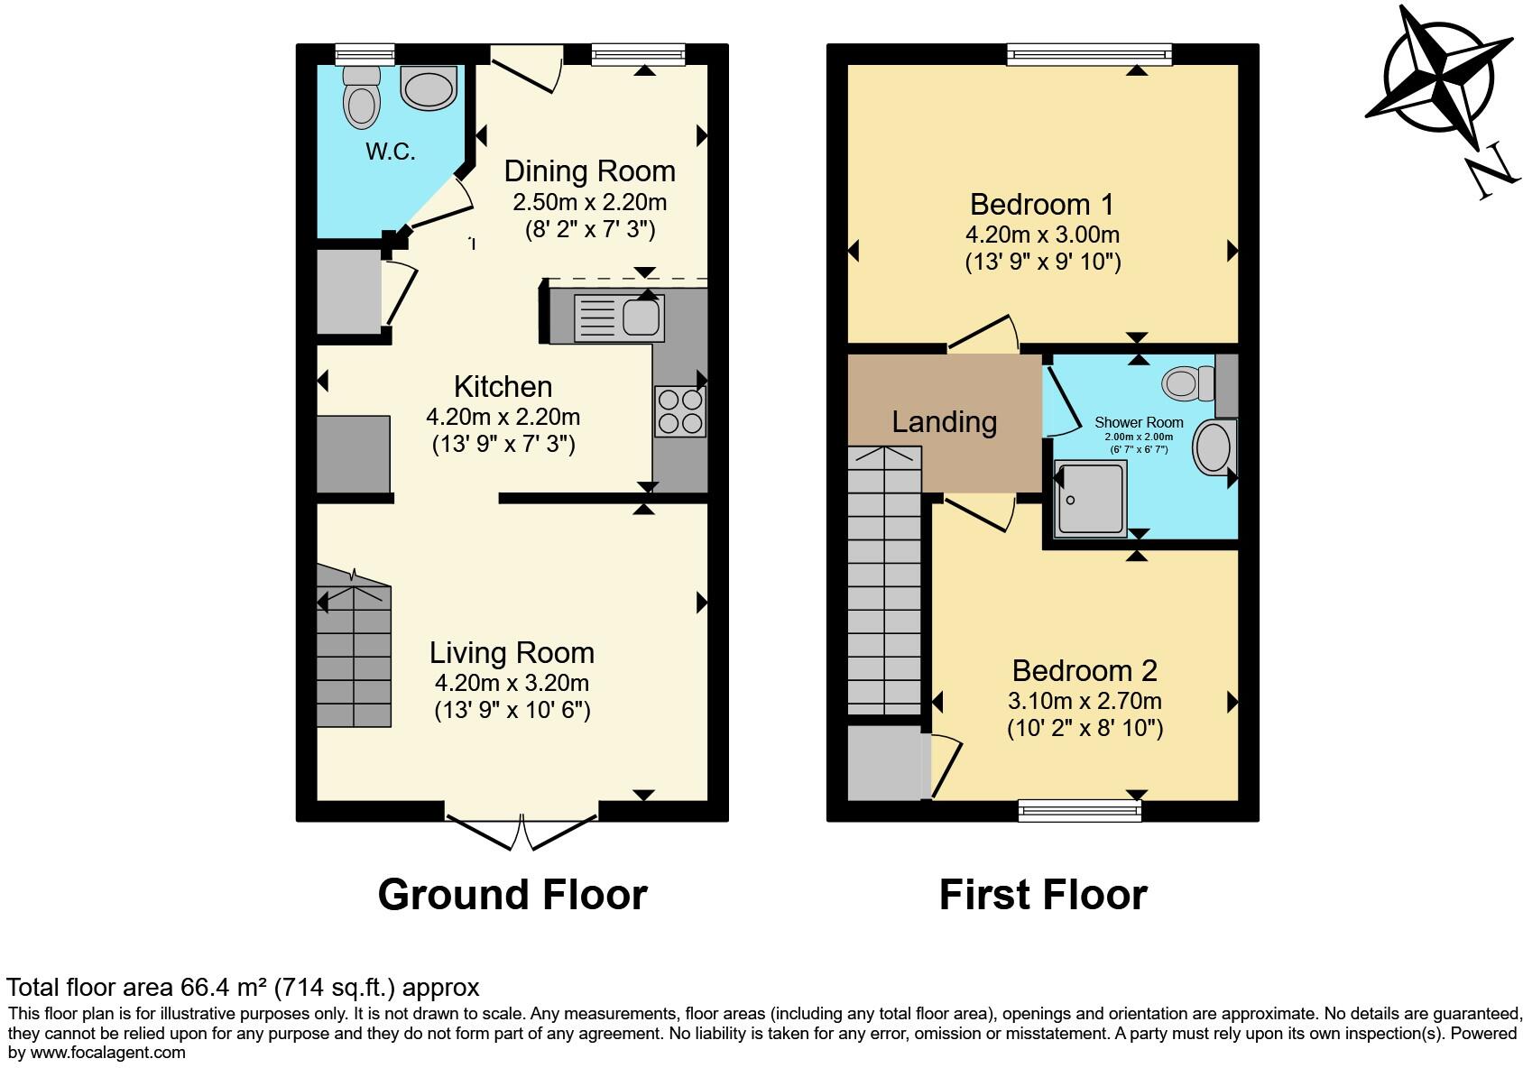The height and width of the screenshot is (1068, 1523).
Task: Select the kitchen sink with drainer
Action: pos(619,318)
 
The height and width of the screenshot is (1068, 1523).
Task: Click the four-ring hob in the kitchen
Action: pos(679,411)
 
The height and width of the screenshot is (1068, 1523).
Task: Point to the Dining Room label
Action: pos(589,171)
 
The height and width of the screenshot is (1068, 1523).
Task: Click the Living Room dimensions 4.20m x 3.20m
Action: pos(512,682)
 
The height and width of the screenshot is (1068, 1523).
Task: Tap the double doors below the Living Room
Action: pos(522,831)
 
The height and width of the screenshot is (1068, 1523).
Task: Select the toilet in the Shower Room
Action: pos(1188,384)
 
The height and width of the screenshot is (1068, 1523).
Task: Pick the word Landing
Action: pos(944,422)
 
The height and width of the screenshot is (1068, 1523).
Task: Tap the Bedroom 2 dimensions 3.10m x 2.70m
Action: pos(1085,701)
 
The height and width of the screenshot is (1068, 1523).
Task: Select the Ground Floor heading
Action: pos(512,895)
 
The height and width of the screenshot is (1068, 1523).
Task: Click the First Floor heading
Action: pos(1043,895)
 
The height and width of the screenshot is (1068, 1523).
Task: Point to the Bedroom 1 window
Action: pos(1089,55)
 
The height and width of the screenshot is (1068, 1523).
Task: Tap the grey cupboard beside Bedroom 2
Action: pos(885,763)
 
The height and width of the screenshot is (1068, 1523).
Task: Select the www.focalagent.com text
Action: pos(107,1053)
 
